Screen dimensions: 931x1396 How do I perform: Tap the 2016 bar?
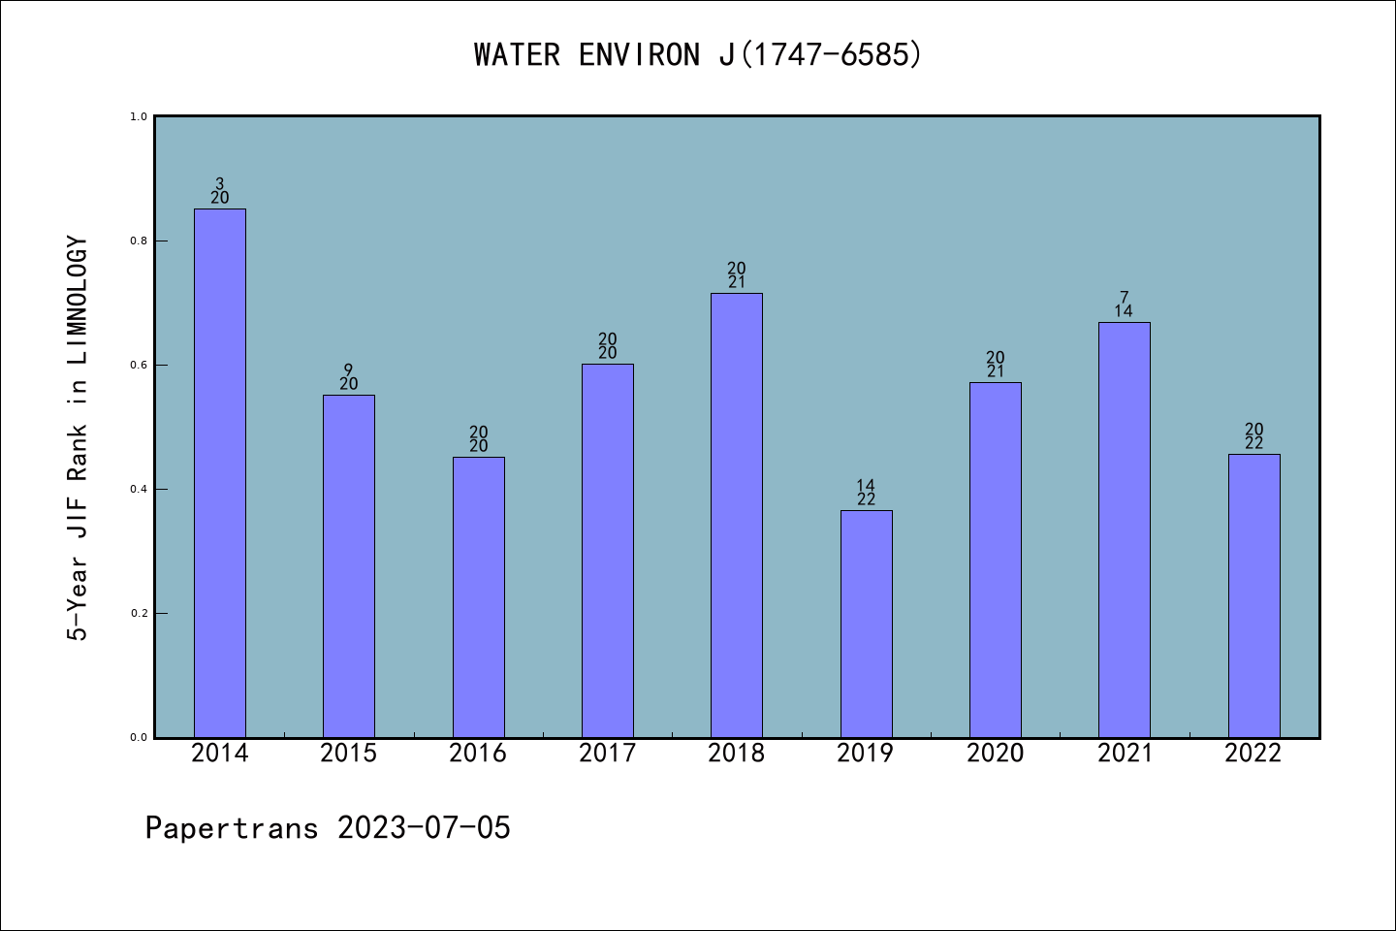(478, 597)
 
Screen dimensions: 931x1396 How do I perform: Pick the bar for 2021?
(1125, 530)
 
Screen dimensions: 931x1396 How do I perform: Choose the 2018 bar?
(737, 515)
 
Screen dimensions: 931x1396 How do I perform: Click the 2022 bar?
(1253, 595)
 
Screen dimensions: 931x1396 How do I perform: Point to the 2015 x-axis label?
(349, 754)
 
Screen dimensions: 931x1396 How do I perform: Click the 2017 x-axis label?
(608, 754)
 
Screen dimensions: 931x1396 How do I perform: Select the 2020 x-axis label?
(996, 754)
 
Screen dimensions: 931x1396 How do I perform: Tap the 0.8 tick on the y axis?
(139, 241)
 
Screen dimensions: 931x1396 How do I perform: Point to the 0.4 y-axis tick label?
(139, 490)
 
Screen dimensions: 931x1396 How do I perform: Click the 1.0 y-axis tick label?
(139, 117)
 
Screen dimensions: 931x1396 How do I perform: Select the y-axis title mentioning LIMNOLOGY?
(78, 438)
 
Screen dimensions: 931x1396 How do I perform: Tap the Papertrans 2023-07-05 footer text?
(328, 828)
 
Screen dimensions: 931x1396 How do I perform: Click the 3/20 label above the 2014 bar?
(220, 191)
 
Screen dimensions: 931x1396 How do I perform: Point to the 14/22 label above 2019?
(866, 493)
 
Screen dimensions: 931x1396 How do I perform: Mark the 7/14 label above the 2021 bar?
(1125, 305)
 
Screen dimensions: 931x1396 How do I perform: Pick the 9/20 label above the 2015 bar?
(349, 377)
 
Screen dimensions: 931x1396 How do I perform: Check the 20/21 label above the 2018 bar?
(737, 275)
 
